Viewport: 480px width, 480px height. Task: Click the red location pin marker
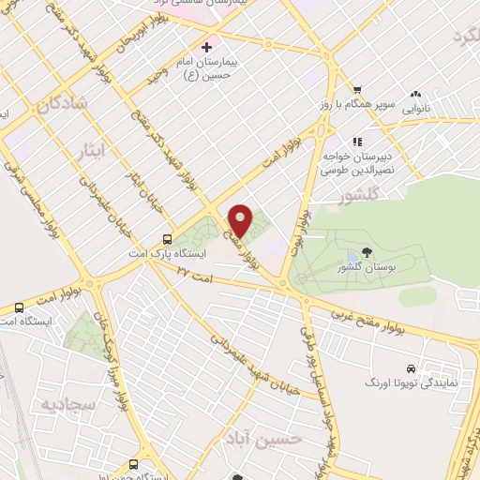coord(240,220)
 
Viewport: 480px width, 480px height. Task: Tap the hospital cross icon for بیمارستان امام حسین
coord(207,45)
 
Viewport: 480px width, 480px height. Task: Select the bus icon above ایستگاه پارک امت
coord(167,238)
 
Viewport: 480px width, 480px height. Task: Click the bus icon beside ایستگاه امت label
coord(19,308)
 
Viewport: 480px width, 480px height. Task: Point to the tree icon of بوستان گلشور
coord(366,251)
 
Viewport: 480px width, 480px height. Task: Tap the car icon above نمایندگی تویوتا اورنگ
coord(411,368)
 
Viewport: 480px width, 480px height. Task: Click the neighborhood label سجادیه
coord(44,404)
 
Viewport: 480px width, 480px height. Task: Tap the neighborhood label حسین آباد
coord(272,438)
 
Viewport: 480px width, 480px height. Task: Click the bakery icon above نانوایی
coord(415,95)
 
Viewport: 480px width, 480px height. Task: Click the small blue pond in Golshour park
coord(352,256)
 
